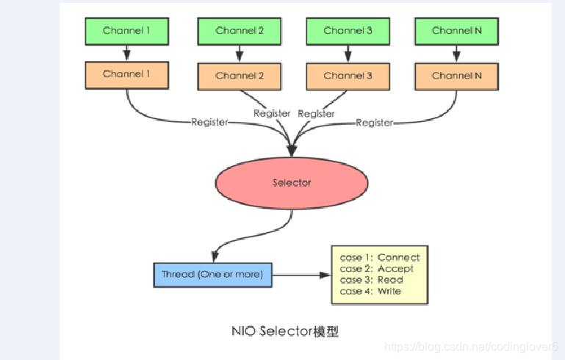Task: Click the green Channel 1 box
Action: (127, 31)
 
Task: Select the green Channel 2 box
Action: (240, 31)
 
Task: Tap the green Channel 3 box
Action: (348, 31)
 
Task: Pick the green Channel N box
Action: (456, 31)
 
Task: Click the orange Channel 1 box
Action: (127, 74)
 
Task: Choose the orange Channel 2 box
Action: (240, 76)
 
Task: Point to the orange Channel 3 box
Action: (348, 76)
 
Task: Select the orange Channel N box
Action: (456, 76)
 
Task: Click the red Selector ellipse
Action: (292, 182)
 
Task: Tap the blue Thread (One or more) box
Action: (212, 275)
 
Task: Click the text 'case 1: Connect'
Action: (380, 257)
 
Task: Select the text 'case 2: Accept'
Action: (377, 269)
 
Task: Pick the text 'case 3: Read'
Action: (372, 280)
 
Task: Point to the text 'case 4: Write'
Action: (371, 292)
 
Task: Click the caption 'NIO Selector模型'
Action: (284, 331)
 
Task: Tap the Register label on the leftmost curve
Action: (209, 122)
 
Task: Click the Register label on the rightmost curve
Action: (374, 123)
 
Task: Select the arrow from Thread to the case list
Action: (301, 276)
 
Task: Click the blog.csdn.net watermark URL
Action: (471, 346)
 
